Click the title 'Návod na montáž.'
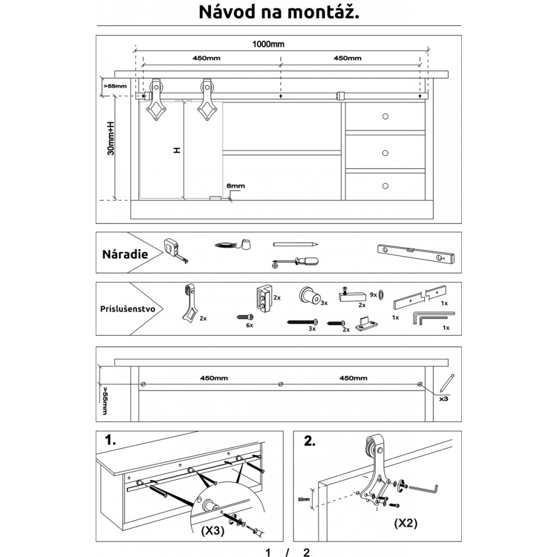278,13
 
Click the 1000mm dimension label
268,45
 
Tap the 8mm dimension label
236,186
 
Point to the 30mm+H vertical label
111,138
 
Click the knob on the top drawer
386,116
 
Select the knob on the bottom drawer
386,186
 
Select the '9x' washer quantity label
373,294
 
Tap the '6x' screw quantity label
250,325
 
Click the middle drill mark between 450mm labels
280,384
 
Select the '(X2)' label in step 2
405,524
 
